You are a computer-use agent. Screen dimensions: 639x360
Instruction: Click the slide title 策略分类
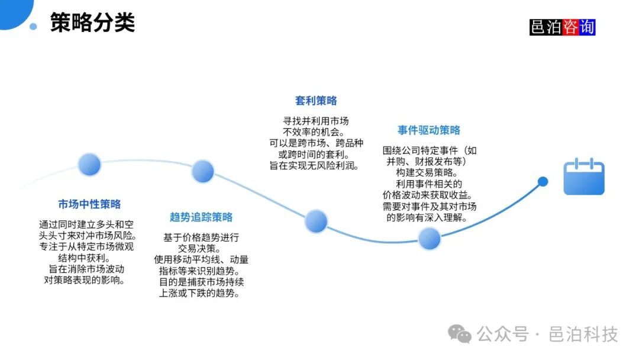point(92,23)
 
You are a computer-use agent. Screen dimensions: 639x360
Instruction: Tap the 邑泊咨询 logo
point(562,27)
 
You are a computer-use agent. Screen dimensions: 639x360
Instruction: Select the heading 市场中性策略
point(89,204)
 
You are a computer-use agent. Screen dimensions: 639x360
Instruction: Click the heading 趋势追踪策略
point(201,217)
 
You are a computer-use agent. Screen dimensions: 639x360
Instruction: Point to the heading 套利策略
point(316,101)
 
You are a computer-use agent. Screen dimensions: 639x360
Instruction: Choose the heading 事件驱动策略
point(429,130)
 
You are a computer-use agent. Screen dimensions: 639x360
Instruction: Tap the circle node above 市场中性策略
point(89,165)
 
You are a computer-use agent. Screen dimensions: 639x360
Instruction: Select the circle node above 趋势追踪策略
point(202,171)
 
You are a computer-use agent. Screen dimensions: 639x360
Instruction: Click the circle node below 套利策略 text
point(316,221)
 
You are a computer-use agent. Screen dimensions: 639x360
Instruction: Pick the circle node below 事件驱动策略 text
point(430,239)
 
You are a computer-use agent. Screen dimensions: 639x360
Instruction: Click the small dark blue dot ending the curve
point(543,182)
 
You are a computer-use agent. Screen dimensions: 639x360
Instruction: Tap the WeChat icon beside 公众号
point(460,335)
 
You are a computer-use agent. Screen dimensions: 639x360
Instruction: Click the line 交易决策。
point(201,248)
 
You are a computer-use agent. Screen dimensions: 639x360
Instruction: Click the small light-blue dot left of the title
point(33,26)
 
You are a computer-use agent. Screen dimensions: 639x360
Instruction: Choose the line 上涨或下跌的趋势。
point(201,293)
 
